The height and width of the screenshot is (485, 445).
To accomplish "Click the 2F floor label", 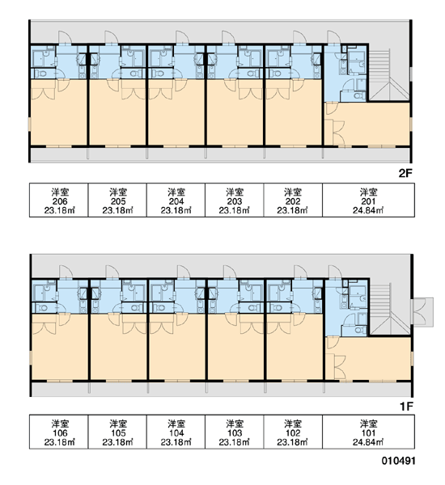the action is click(x=405, y=173).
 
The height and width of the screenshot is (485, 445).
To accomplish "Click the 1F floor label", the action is click(x=407, y=407).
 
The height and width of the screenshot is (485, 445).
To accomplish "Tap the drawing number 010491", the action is click(x=398, y=461).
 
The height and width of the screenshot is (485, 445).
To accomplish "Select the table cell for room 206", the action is click(x=59, y=200).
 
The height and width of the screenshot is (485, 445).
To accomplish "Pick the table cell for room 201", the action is click(x=368, y=200).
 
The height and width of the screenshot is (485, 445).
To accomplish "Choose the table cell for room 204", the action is click(x=176, y=200).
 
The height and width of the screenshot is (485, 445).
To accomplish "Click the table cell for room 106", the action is click(x=59, y=432).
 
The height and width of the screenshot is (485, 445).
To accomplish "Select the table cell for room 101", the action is click(x=368, y=432).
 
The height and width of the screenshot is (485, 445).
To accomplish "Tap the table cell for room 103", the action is click(x=235, y=432).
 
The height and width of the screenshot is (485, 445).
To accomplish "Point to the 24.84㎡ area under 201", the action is click(x=368, y=211).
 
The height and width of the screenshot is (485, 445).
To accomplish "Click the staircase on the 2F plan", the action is click(x=389, y=74).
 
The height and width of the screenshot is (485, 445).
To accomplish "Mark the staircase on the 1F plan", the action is click(x=390, y=310).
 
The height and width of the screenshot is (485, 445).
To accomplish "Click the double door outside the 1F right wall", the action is click(x=422, y=312).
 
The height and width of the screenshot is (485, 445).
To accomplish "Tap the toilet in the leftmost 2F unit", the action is click(x=40, y=74).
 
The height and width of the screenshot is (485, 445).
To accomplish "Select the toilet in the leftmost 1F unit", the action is click(x=41, y=308).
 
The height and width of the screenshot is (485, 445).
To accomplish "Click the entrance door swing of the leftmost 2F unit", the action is click(x=65, y=37).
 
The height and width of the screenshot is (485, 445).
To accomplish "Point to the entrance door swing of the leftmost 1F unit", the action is click(x=66, y=272).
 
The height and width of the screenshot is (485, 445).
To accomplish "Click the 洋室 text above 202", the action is click(x=293, y=192).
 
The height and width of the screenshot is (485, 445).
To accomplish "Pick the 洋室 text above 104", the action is click(x=176, y=424).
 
